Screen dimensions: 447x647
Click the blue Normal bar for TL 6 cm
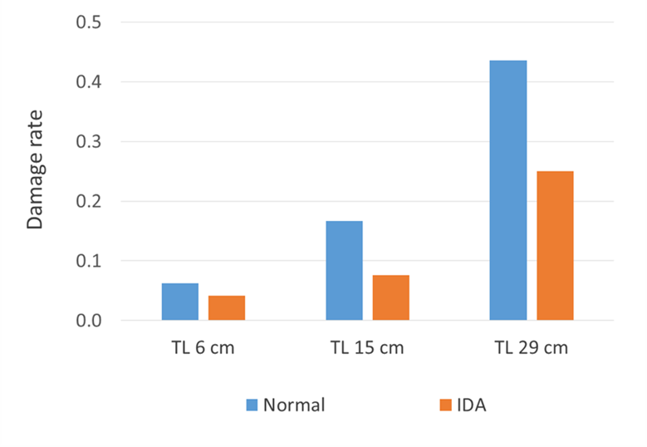(x=180, y=302)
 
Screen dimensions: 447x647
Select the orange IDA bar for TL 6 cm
(x=227, y=307)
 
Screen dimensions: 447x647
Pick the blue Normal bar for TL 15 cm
(x=344, y=270)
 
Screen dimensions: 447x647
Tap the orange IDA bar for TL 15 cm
(x=390, y=297)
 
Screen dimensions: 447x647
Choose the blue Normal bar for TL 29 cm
(x=508, y=190)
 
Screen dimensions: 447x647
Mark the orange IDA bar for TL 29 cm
(x=555, y=245)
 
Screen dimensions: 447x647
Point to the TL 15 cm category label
(x=367, y=347)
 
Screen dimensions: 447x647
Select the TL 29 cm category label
(x=532, y=347)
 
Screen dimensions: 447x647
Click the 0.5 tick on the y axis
(x=88, y=22)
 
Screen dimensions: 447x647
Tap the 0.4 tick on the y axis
(x=88, y=81)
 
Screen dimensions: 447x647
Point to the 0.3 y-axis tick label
(x=88, y=141)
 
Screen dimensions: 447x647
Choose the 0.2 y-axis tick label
(x=88, y=201)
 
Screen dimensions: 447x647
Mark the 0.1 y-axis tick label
(x=88, y=261)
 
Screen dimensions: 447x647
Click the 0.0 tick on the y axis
(x=88, y=321)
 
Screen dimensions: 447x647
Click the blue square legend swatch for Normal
(x=252, y=405)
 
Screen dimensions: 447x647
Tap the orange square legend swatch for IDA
(x=444, y=405)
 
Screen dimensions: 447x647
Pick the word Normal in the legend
(x=293, y=405)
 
